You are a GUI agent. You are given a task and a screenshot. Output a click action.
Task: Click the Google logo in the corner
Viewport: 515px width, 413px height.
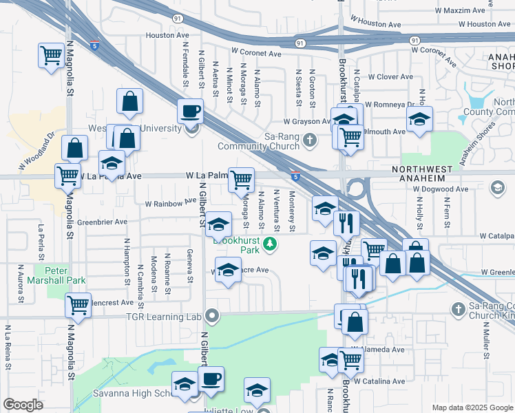coord(23,405)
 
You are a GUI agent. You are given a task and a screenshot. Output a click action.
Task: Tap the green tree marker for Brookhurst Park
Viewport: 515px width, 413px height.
coord(271,243)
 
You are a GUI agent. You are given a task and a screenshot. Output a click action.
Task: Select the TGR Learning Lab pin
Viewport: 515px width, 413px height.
coord(212,317)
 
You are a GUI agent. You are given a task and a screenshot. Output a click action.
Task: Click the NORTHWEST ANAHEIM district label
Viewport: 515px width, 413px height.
coord(423,173)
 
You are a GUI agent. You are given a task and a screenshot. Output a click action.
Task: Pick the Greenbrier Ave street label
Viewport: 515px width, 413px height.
coord(102,222)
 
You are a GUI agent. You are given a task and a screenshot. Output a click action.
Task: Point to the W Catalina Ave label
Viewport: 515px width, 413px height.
coord(379,381)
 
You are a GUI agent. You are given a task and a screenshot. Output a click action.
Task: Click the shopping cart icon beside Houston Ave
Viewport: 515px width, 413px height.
coord(51,55)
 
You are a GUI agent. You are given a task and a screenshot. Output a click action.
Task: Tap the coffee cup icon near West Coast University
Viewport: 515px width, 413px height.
coord(191,110)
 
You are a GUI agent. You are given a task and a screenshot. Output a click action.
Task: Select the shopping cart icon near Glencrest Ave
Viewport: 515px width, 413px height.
coord(78,304)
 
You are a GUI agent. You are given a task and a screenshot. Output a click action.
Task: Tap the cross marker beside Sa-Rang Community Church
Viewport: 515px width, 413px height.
coord(310,141)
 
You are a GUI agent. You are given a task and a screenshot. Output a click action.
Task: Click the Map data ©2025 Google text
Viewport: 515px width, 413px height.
coord(472,407)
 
